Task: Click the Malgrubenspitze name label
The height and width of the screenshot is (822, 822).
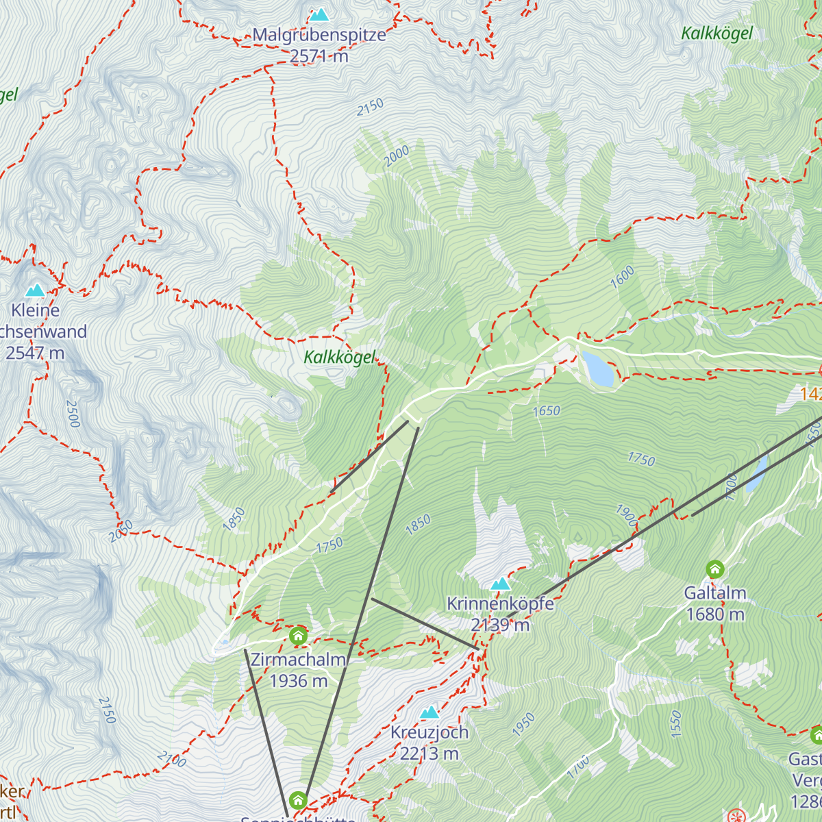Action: coord(319,35)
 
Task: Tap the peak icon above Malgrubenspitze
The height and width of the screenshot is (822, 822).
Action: coord(319,14)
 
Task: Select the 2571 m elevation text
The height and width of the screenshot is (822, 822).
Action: coord(319,56)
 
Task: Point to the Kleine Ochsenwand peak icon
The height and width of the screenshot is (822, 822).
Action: coord(35,290)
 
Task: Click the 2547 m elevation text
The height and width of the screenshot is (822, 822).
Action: coord(35,353)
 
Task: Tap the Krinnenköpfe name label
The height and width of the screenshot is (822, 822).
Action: coord(500,604)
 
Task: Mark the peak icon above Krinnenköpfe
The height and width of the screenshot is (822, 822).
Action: coord(501,584)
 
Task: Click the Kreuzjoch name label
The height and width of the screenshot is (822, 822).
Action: coord(429,732)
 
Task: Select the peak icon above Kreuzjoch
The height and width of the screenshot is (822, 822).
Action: coord(429,712)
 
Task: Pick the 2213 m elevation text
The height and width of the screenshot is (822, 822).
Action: coord(429,754)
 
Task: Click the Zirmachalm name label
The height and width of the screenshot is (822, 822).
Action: coord(298,660)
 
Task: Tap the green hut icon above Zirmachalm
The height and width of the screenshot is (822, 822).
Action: coord(298,636)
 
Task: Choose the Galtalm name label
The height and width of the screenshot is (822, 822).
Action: coord(715,593)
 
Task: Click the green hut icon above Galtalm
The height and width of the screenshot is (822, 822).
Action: coord(715,569)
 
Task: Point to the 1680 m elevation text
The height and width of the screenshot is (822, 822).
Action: coord(715,614)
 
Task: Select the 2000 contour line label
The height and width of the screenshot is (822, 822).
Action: coord(397,156)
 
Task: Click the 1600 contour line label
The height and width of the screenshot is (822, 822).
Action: coord(622,277)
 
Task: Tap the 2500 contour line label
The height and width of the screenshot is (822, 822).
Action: coord(73,414)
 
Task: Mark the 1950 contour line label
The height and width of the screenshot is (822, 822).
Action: coord(523,725)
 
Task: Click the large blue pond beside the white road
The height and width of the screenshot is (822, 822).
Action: coord(597,369)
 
